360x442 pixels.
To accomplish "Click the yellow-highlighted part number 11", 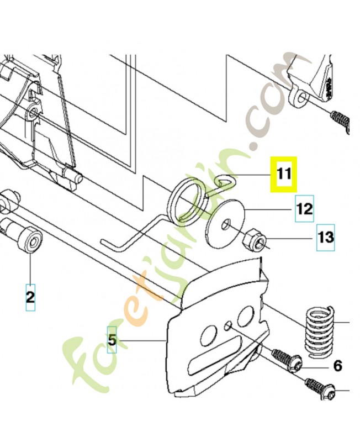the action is click(284, 174).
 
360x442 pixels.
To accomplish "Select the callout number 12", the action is click(304, 209).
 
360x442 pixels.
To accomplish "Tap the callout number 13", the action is click(326, 238).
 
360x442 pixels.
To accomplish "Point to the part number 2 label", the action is click(30, 297).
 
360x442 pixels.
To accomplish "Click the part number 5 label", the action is click(112, 340).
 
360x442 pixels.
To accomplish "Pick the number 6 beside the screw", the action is click(338, 366).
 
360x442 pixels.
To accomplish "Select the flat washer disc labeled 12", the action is click(225, 224).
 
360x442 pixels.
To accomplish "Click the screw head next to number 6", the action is click(295, 363).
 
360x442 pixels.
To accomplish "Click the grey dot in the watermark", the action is click(255, 147).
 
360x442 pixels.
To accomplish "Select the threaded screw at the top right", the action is click(340, 119).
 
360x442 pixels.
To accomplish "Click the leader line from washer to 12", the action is click(268, 209).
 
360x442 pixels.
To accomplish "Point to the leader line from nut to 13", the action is click(289, 239).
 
